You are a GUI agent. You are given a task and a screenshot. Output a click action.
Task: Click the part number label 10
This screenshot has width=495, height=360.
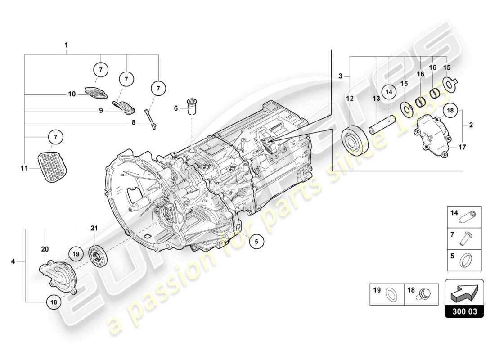[x=72, y=94]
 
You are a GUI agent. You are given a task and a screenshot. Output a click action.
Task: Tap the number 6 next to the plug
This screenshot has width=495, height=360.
[x=177, y=108]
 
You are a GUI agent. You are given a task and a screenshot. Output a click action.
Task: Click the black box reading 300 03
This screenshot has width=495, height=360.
[x=464, y=311]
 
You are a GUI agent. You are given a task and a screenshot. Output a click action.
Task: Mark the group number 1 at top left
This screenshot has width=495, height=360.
[x=66, y=45]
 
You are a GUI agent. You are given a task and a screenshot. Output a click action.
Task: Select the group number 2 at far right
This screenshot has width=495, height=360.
[x=471, y=126]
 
